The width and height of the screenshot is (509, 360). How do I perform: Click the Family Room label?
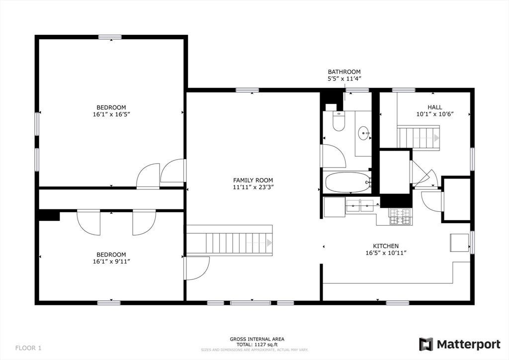253,180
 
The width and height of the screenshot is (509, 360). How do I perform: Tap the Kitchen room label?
386,246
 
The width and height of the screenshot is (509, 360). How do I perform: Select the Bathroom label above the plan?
344,72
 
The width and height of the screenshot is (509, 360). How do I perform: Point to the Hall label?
434,107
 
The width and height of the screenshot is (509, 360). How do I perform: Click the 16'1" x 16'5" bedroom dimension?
111,114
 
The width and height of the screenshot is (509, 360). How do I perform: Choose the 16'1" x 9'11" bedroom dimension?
111,262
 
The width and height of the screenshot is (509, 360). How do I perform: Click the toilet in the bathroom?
339,121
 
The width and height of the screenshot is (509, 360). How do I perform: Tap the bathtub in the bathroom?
347,182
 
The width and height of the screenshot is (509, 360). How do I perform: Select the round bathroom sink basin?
363,133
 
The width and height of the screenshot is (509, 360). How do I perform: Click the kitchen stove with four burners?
400,216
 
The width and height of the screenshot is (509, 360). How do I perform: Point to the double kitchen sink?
360,206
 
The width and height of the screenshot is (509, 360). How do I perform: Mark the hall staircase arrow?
436,138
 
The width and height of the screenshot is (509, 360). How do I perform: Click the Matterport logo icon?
426,344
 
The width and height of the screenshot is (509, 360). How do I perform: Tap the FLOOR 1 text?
28,348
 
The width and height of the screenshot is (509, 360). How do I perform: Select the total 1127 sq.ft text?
257,345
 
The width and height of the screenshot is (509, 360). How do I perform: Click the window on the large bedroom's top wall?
110,37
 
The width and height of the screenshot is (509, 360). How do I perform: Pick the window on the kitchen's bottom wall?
397,303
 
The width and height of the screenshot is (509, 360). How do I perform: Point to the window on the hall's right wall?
472,159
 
